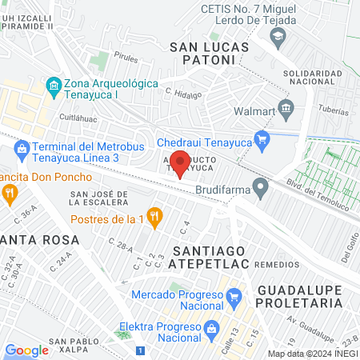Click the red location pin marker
[181, 162]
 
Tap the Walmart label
[253, 111]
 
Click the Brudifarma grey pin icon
[259, 188]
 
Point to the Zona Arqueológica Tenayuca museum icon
[54, 84]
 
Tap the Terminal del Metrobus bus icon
[22, 147]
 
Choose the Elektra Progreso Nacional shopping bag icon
[211, 327]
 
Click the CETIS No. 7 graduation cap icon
[277, 36]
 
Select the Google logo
[26, 350]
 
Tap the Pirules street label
[126, 58]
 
